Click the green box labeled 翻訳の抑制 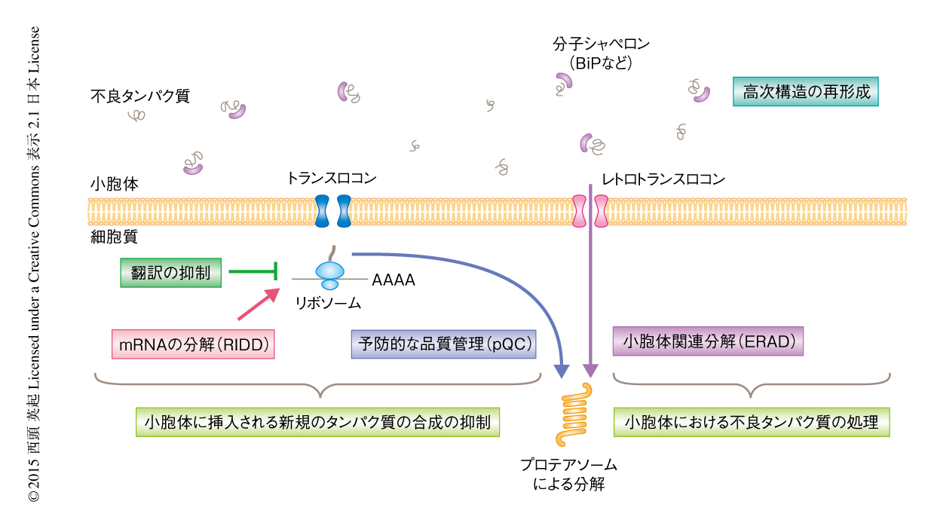point(170,272)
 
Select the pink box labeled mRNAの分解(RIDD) point(191,344)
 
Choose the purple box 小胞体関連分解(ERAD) point(709,341)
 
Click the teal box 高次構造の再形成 point(806,93)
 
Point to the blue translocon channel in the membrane point(332,212)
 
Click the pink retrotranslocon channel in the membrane point(590,212)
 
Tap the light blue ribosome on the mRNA point(329,275)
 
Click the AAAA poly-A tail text point(394,280)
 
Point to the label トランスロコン point(331,179)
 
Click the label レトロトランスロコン point(663,179)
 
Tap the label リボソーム point(328,304)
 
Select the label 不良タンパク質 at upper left point(139,96)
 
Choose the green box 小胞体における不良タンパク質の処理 point(752,422)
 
